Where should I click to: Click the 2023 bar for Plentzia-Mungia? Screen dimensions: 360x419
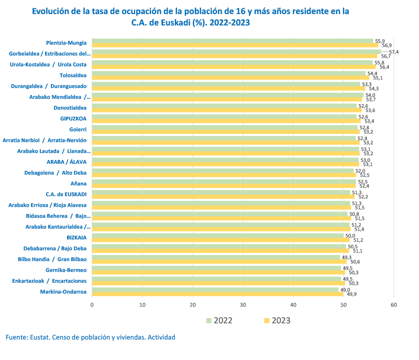[x=235, y=45]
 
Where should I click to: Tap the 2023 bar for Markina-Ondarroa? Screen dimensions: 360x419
[x=217, y=294]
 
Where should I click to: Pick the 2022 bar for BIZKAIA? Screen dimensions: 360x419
[x=217, y=235]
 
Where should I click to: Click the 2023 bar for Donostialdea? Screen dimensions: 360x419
[x=227, y=110]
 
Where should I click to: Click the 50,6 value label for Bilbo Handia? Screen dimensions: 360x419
[x=355, y=262]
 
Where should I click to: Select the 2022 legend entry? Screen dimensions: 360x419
[x=219, y=320]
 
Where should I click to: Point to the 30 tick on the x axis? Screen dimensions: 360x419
[x=243, y=305]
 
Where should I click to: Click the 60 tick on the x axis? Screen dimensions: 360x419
[x=394, y=305]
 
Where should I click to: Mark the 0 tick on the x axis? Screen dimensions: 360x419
[x=92, y=305]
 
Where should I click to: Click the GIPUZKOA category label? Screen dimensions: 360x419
[x=73, y=119]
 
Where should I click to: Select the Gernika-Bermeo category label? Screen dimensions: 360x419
[x=66, y=270]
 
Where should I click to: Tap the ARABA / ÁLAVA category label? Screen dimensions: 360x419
[x=66, y=162]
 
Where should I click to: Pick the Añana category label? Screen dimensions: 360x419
[x=79, y=184]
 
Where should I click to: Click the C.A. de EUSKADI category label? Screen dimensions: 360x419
[x=66, y=194]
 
